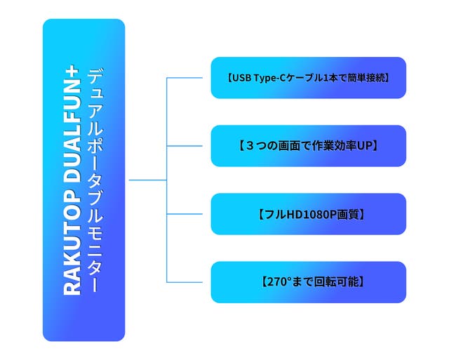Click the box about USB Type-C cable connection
[308, 78]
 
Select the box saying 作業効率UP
[308, 146]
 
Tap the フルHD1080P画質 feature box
[308, 214]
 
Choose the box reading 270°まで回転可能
[308, 282]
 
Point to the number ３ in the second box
[246, 146]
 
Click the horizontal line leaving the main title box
[147, 180]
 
